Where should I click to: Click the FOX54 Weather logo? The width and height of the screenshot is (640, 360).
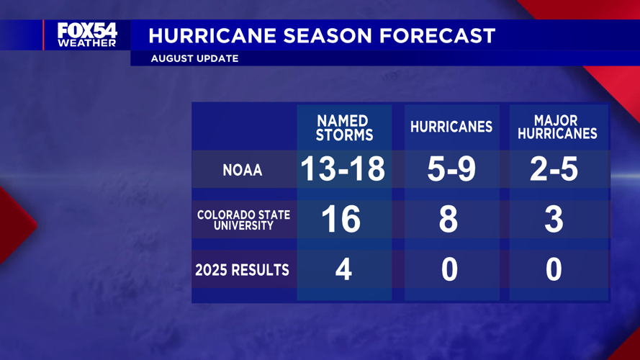(x=87, y=35)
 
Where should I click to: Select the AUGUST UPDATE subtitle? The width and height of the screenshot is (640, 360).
(x=194, y=58)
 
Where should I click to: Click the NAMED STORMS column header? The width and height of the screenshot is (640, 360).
(x=344, y=127)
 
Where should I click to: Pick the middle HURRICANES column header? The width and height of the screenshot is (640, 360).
(x=451, y=127)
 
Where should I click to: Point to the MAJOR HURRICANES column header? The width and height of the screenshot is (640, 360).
(x=556, y=127)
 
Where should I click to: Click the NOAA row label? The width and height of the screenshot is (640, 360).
(x=242, y=171)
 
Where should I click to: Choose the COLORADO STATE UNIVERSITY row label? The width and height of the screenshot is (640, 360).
(x=243, y=220)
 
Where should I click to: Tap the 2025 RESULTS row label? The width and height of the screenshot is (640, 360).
(x=242, y=270)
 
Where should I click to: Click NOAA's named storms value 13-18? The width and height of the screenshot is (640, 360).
(x=343, y=170)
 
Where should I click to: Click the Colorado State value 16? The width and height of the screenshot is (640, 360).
(x=341, y=219)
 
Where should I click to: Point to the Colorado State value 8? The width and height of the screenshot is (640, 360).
(x=448, y=219)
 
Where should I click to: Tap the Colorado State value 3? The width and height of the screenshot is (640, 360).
(x=553, y=219)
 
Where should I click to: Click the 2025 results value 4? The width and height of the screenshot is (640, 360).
(x=343, y=269)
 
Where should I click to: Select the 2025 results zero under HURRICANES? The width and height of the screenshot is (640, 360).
(x=449, y=269)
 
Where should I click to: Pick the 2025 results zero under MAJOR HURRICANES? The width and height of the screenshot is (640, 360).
(x=553, y=269)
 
